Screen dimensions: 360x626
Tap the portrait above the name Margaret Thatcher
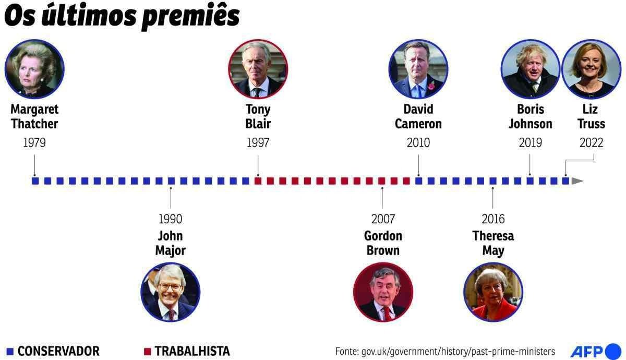pyautogui.click(x=34, y=69)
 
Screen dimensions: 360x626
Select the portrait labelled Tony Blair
pyautogui.click(x=258, y=69)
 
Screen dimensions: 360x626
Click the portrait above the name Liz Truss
pyautogui.click(x=591, y=69)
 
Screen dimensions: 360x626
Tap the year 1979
pyautogui.click(x=34, y=142)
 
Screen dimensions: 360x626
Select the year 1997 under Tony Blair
pyautogui.click(x=258, y=142)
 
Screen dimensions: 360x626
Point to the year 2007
pyautogui.click(x=383, y=219)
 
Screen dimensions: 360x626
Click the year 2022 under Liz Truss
pyautogui.click(x=591, y=142)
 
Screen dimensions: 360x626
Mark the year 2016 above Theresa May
pyautogui.click(x=493, y=219)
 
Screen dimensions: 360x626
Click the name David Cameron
pyautogui.click(x=418, y=116)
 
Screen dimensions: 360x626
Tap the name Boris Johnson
pyautogui.click(x=531, y=116)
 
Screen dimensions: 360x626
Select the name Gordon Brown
pyautogui.click(x=383, y=243)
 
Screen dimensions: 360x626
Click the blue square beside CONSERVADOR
pyautogui.click(x=10, y=351)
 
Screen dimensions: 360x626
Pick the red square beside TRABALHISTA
pyautogui.click(x=147, y=351)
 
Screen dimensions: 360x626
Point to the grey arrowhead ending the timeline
pyautogui.click(x=577, y=181)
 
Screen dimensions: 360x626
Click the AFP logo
pyautogui.click(x=595, y=351)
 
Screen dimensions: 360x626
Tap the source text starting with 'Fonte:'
pyautogui.click(x=444, y=351)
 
